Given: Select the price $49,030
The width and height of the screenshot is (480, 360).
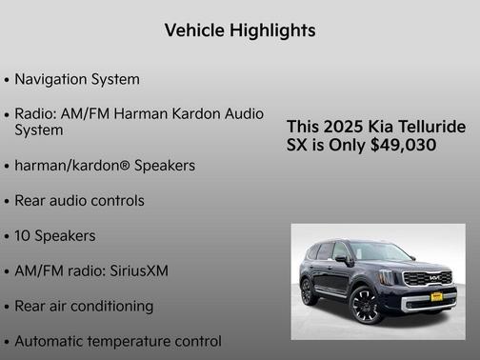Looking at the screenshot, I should [403, 146].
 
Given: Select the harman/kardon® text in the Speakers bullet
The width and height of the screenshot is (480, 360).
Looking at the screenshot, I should [72, 165].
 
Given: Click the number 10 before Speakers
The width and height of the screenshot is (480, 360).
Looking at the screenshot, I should [23, 235].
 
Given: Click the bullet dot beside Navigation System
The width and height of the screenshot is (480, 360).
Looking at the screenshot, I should [7, 80].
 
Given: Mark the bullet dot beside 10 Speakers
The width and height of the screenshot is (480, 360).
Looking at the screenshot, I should [7, 236].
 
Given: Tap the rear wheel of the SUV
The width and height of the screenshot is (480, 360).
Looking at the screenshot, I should [309, 291].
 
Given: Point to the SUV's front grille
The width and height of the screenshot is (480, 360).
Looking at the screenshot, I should [427, 279].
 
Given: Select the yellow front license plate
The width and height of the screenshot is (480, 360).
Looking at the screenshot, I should [436, 296].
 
